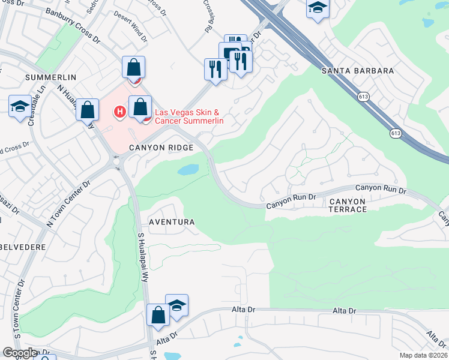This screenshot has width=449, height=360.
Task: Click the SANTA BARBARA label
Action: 358,71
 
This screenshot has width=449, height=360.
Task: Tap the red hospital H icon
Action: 120,111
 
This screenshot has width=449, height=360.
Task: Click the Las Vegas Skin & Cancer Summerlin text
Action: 189,116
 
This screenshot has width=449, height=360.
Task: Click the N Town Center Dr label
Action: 68,204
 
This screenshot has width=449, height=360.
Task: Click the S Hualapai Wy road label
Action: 143,258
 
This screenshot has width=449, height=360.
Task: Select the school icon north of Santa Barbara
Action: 317,7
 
